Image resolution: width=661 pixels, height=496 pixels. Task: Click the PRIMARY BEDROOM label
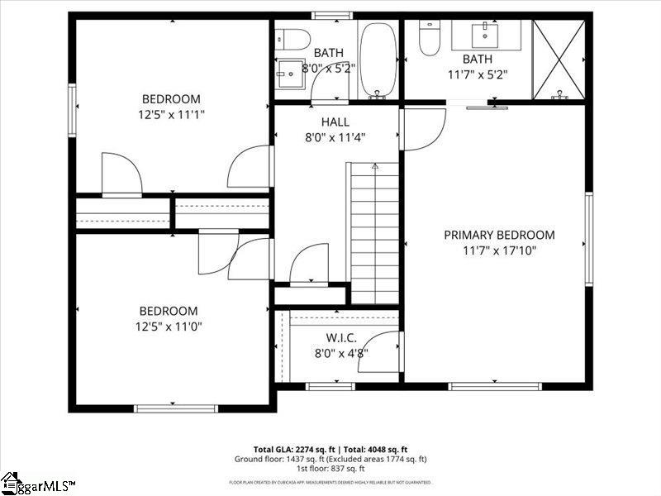pos(499,235)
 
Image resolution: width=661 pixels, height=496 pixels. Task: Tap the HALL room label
pos(335,122)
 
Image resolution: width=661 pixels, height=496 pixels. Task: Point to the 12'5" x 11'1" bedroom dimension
pos(173,115)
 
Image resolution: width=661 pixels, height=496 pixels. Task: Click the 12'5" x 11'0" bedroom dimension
pos(168,327)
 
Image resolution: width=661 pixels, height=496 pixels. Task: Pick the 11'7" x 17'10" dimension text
pos(499,250)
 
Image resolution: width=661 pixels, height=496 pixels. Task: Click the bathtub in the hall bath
pos(378,58)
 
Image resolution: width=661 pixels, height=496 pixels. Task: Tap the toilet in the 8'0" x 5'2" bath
pos(292,38)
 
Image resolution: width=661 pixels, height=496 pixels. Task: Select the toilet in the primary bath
pos(429,38)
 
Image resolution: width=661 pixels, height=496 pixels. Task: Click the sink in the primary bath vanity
pos(483,35)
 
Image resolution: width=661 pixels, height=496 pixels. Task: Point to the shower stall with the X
pos(559,58)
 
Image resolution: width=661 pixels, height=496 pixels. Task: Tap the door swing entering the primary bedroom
pos(424,130)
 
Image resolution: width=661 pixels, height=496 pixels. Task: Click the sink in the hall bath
pos(291,72)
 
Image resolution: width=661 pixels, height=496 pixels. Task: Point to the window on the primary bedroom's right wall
pos(589,239)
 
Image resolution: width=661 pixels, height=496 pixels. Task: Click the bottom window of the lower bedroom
pos(176,408)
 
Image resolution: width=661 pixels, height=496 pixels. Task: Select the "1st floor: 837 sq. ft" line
pos(330,469)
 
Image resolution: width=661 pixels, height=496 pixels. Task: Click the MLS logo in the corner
pos(37,483)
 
